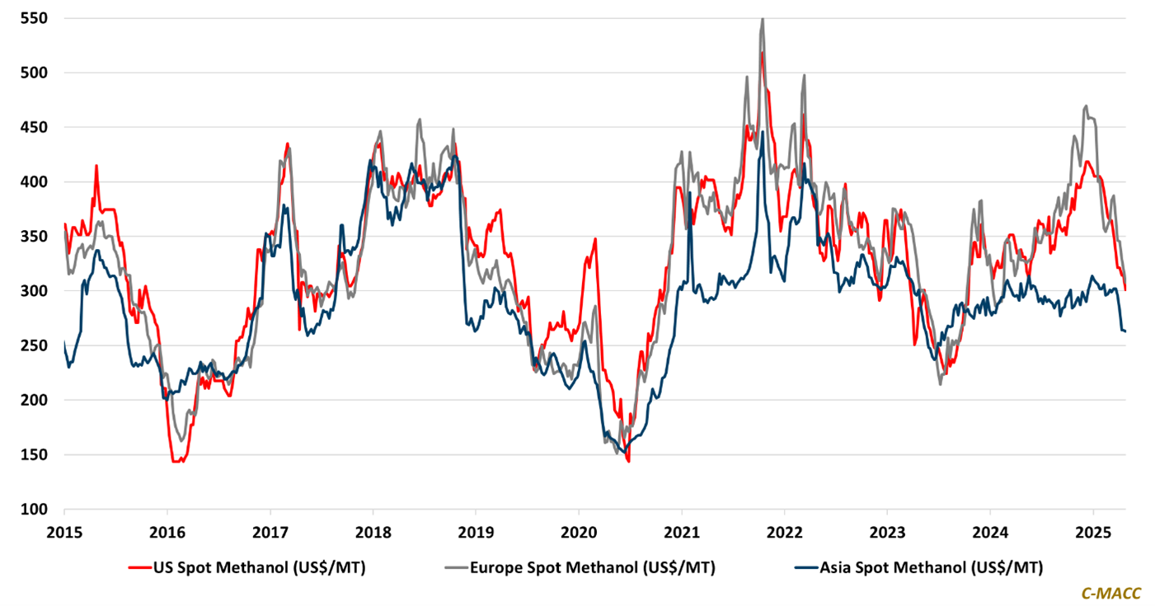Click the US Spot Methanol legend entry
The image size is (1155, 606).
tap(246, 567)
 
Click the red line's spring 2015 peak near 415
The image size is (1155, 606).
tap(96, 166)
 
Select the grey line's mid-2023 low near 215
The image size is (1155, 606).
tap(941, 383)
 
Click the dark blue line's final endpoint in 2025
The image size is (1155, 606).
tap(1126, 331)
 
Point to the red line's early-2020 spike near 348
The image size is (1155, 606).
tap(594, 239)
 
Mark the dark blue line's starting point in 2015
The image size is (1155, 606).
tap(64, 341)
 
